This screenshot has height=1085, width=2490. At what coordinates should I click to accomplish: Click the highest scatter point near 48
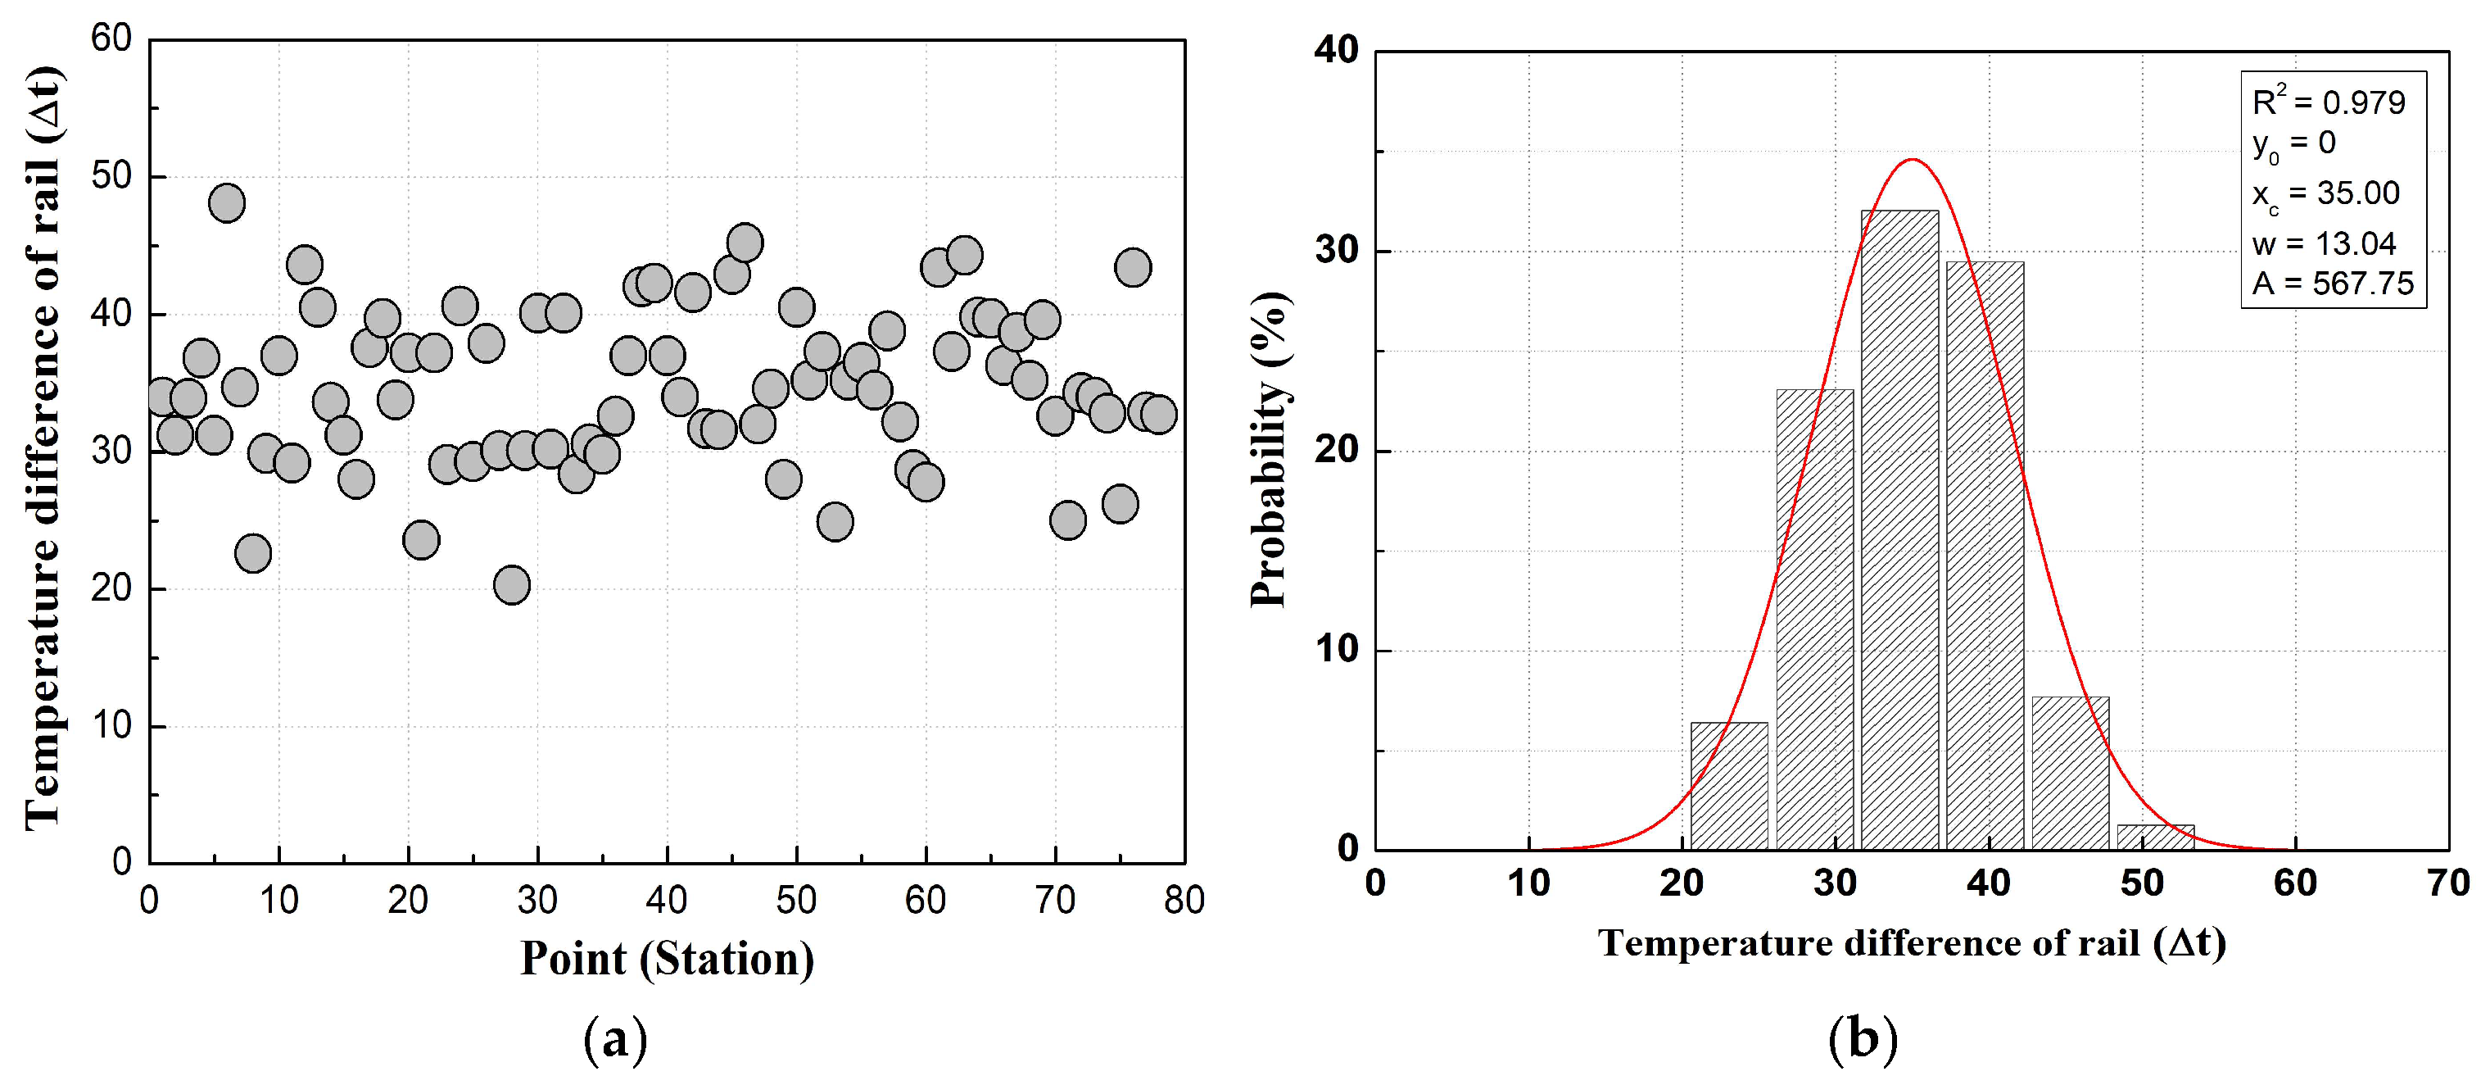coord(226,202)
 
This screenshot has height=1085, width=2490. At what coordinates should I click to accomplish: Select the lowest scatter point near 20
coord(511,584)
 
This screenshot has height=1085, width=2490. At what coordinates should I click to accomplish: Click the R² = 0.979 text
coord(2328,102)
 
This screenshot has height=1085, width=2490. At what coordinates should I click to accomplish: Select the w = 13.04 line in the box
coord(2323,243)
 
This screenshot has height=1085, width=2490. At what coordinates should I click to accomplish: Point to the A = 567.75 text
coord(2331,284)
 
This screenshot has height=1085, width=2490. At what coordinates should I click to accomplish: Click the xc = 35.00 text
coord(2325,193)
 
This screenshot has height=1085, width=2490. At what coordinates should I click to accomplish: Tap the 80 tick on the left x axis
coord(1183,901)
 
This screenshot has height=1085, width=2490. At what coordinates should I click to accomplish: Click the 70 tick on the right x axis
coord(2447,883)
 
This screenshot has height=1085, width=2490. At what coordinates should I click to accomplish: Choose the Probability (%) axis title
coord(1270,450)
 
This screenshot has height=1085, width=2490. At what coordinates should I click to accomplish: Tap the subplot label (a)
coord(616,1041)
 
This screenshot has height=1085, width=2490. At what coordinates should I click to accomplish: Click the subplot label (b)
coord(1863,1041)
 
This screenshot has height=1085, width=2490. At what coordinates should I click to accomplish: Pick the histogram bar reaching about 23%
coord(1814,619)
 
